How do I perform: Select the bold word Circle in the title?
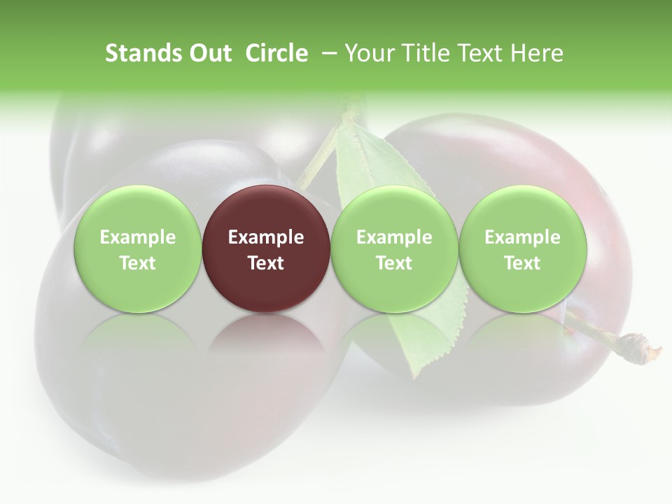click(x=276, y=53)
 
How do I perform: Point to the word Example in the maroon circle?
click(x=266, y=237)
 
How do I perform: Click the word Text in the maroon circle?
click(x=266, y=263)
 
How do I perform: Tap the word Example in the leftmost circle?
click(x=137, y=237)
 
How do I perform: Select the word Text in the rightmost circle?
click(x=522, y=263)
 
